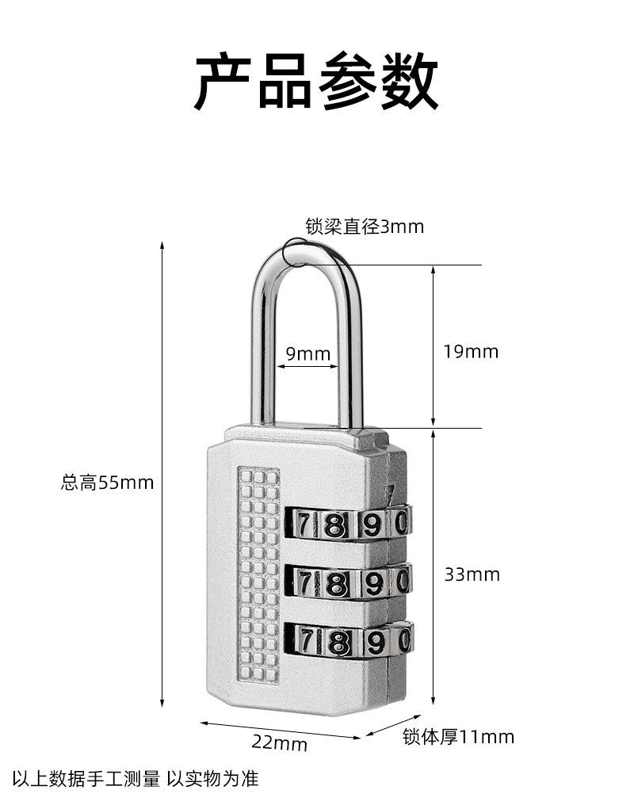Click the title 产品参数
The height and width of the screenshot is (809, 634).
[316, 81]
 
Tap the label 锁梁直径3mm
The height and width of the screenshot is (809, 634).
[365, 227]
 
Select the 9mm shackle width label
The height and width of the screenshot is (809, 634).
[307, 353]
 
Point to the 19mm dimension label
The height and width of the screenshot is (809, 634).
[471, 352]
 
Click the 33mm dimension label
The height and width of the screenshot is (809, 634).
[472, 574]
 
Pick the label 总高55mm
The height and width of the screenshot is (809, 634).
[107, 482]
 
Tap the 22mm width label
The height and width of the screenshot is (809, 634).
[279, 743]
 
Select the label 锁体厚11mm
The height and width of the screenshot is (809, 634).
[458, 738]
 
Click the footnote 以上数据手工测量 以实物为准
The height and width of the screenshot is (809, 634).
[135, 779]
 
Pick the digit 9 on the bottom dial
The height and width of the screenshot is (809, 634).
[374, 641]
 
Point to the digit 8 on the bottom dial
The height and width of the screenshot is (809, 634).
[338, 641]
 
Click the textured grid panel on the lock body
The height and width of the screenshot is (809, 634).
[259, 574]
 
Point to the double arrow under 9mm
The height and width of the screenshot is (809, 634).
[307, 366]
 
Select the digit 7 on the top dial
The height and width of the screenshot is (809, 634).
[304, 523]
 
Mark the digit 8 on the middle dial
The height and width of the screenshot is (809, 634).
[338, 584]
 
